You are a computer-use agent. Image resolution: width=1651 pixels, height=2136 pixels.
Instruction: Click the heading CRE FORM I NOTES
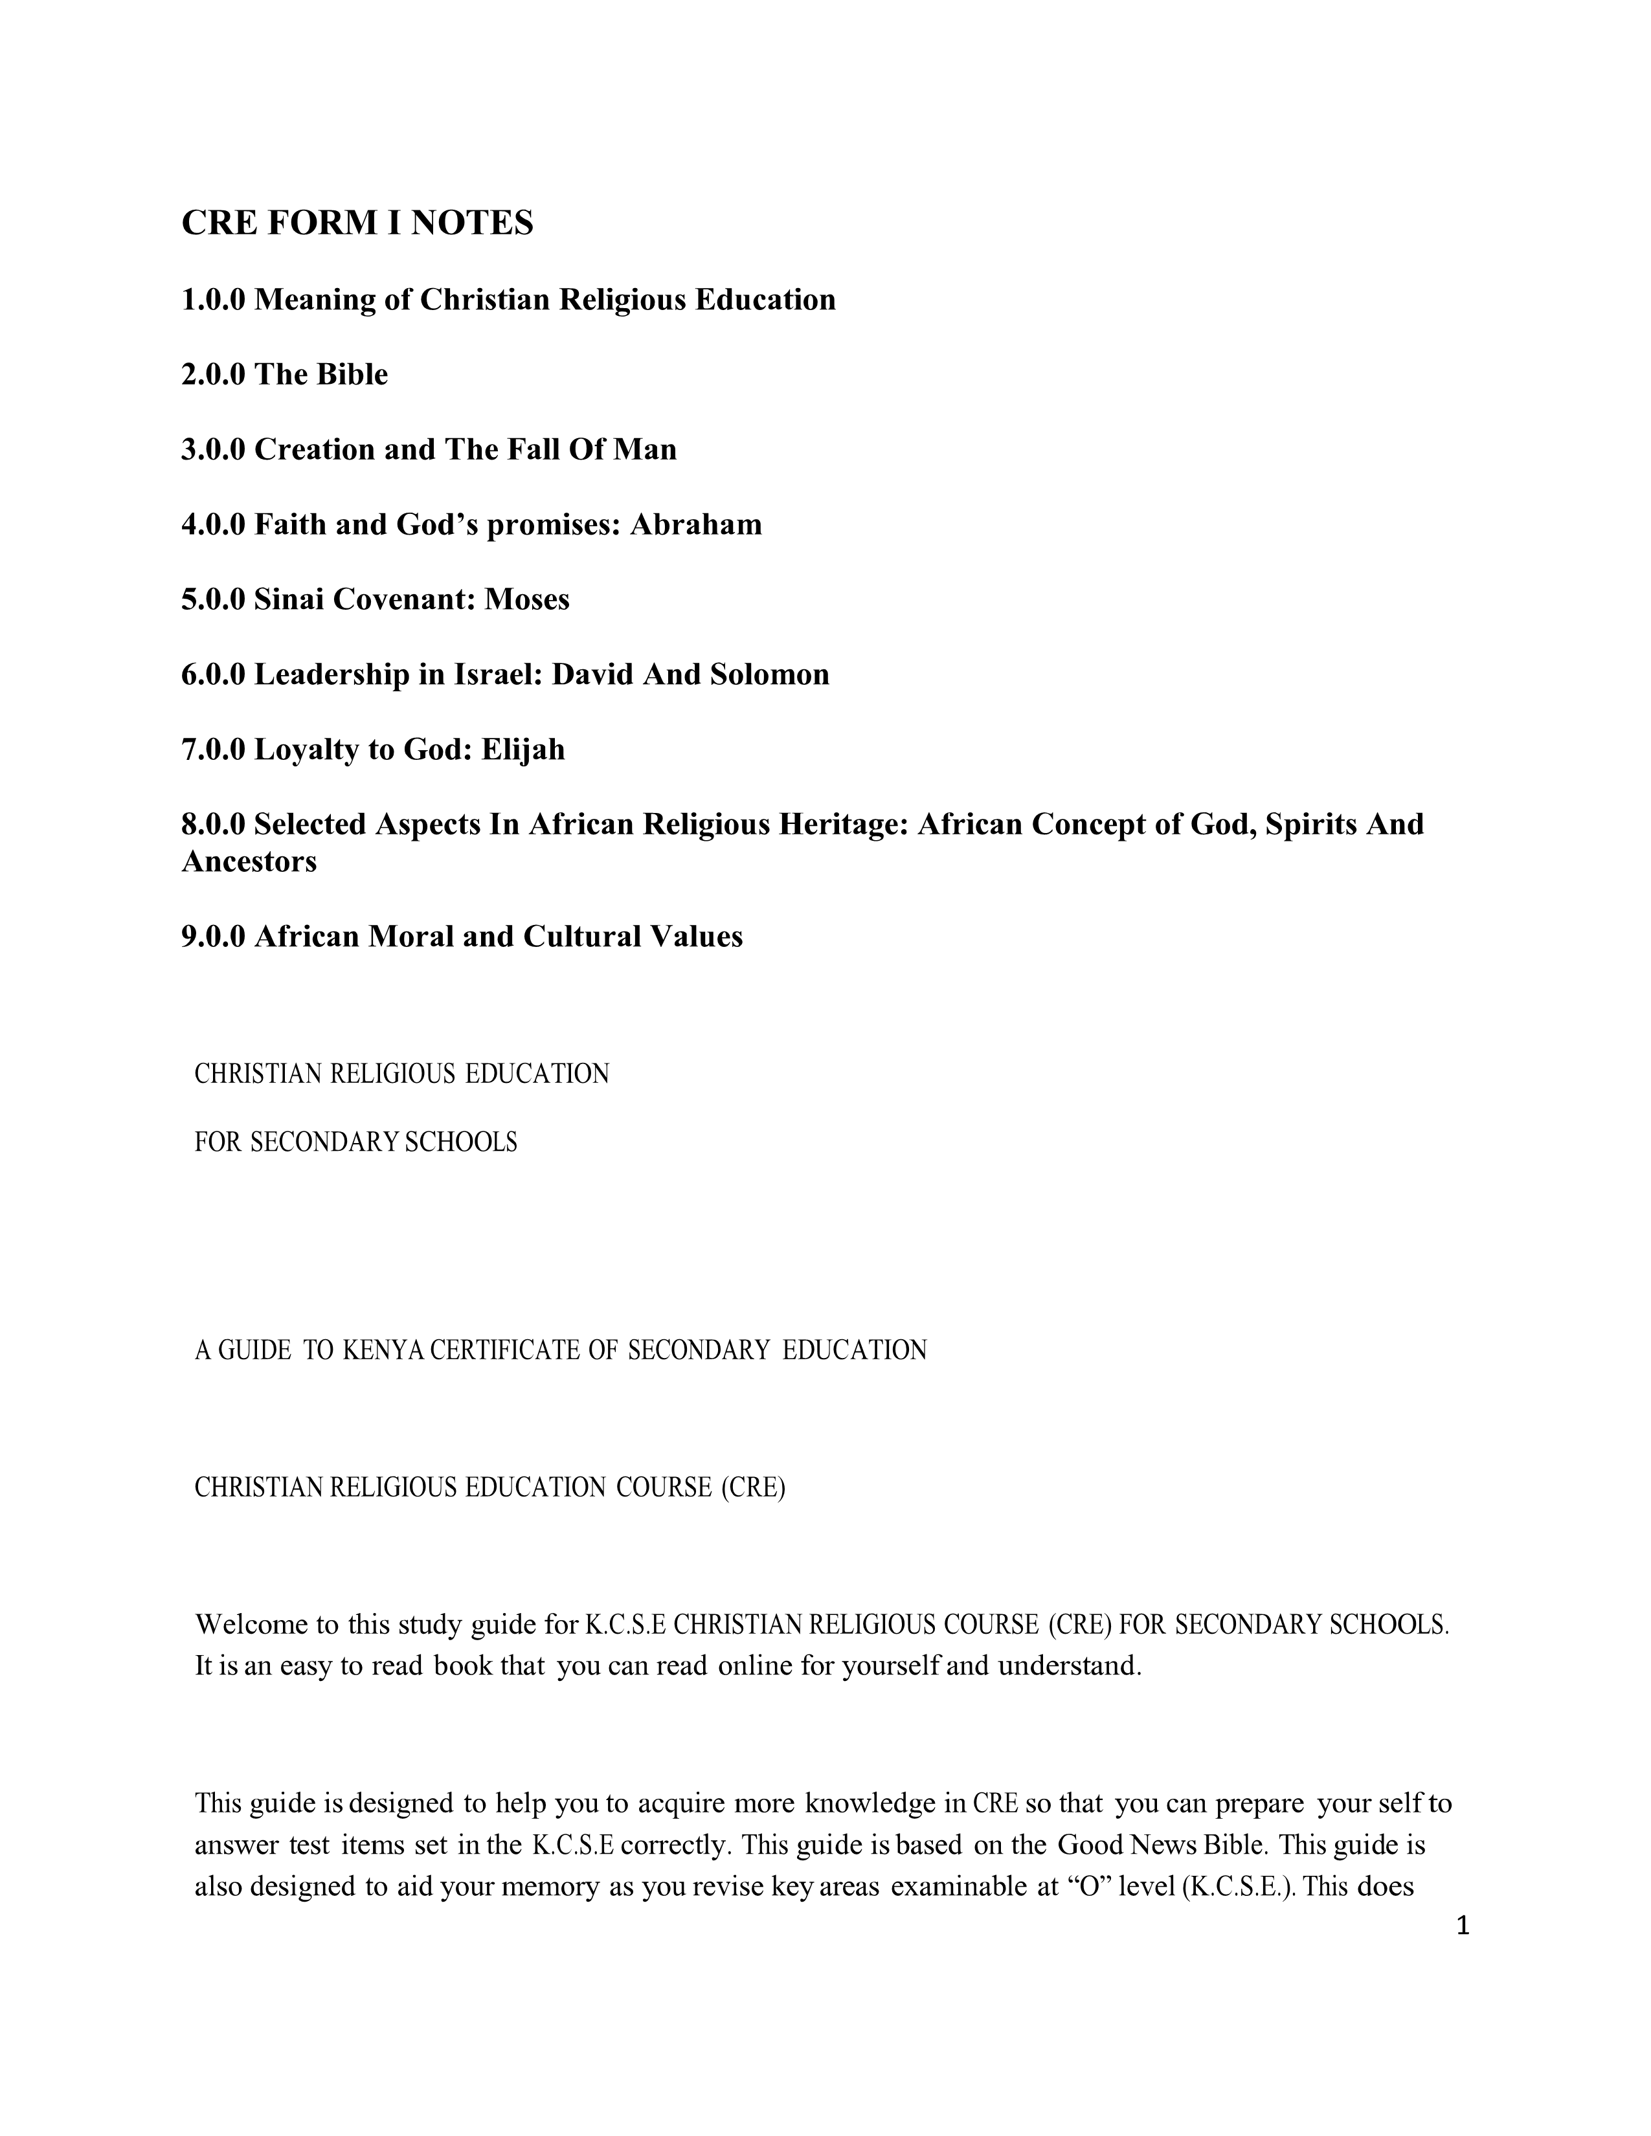click(x=357, y=224)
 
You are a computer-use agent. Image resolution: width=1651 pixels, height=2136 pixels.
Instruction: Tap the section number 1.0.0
click(x=213, y=299)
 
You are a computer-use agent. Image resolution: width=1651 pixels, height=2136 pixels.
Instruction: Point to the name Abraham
click(x=695, y=525)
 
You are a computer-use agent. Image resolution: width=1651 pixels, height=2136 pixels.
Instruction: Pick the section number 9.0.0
click(x=213, y=937)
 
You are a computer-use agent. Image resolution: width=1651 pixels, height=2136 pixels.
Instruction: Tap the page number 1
click(x=1463, y=1927)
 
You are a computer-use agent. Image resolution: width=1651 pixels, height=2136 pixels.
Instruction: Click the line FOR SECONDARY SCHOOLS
click(x=356, y=1142)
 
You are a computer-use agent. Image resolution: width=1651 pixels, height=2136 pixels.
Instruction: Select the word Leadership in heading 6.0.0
click(x=331, y=675)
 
